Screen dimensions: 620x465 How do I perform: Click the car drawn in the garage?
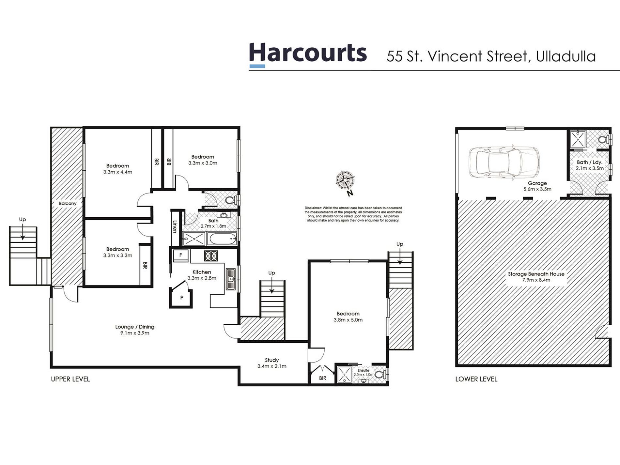point(504,162)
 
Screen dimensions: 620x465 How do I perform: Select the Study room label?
point(271,360)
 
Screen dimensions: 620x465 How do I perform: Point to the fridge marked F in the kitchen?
point(180,255)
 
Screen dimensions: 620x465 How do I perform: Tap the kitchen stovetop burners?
point(211,256)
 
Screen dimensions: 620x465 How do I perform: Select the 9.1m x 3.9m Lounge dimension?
point(134,333)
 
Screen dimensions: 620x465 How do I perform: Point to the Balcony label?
point(68,203)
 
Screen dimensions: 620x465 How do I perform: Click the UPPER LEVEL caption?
point(70,379)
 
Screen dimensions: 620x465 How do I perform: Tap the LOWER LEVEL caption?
point(476,379)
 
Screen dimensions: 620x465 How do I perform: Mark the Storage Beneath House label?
point(536,274)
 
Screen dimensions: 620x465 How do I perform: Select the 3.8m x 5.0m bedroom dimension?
point(348,320)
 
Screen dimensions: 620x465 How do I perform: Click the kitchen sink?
point(231,279)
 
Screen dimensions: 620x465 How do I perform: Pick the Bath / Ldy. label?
point(589,162)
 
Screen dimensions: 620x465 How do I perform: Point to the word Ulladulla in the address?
point(566,56)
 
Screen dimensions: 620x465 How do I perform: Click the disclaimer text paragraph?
point(353,214)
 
